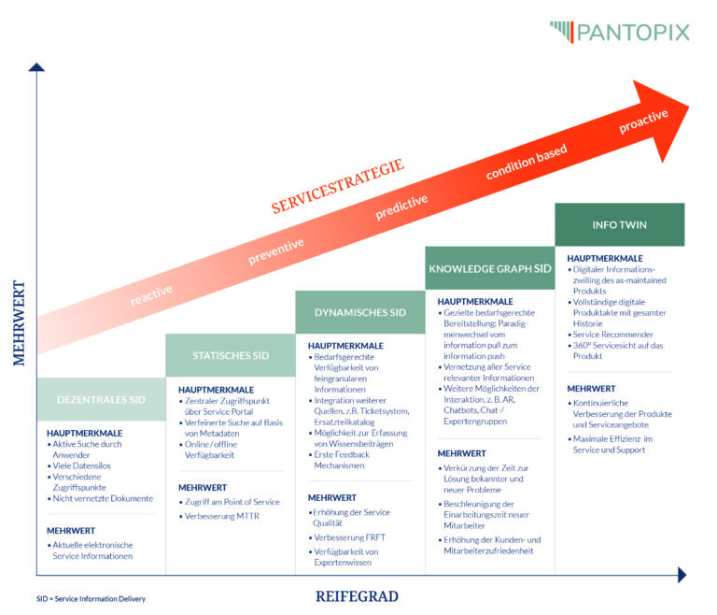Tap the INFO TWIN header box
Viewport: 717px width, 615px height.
619,225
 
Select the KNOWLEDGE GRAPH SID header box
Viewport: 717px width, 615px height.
490,268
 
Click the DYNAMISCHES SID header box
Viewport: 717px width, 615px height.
359,312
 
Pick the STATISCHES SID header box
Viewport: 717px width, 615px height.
231,355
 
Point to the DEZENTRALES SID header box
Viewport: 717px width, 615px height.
101,399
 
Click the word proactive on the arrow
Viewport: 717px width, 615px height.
643,122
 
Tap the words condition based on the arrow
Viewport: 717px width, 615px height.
526,164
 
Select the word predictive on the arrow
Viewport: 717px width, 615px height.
401,207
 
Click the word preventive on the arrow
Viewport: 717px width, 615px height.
276,250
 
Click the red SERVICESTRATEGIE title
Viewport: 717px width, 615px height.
338,186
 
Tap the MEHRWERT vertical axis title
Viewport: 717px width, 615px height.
19,322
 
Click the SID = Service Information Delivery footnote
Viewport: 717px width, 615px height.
91,599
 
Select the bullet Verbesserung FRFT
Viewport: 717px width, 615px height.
350,537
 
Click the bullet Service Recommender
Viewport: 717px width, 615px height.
613,335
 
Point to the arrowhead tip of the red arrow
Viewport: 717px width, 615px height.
688,106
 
